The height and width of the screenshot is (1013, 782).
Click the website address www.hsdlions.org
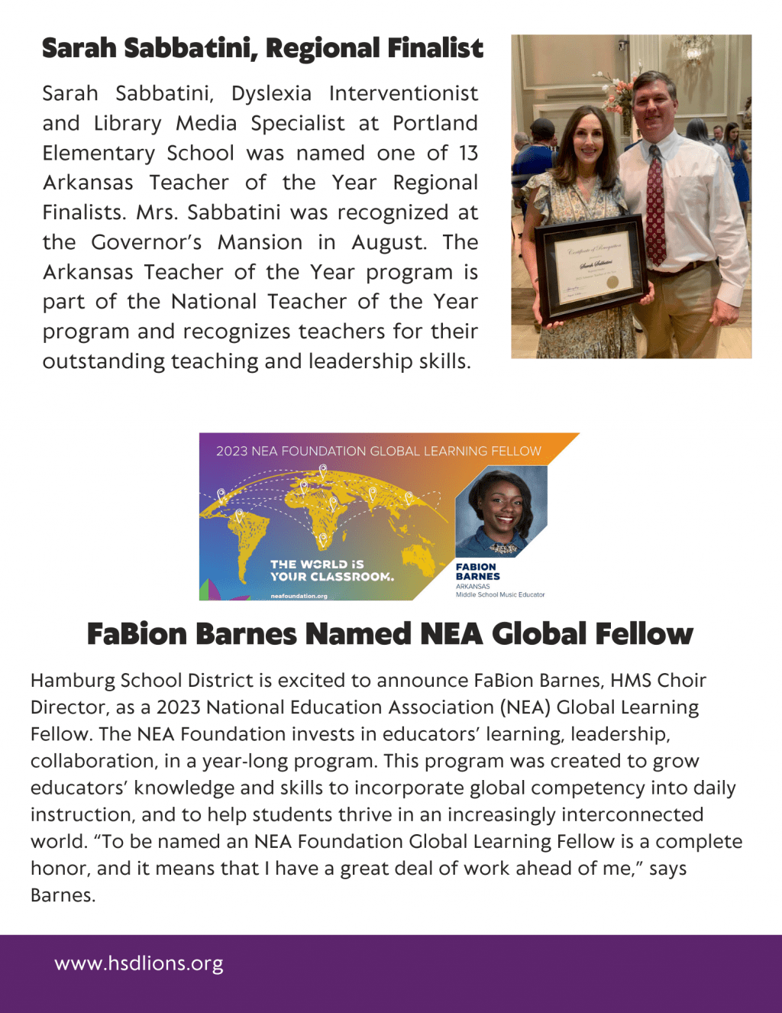click(139, 964)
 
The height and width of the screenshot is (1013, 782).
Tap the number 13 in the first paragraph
click(468, 154)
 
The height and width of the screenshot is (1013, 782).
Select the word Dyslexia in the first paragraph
click(271, 94)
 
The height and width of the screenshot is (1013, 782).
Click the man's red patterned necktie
click(655, 206)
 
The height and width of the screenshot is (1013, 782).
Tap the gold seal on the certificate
click(612, 282)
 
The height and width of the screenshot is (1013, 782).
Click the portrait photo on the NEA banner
click(501, 512)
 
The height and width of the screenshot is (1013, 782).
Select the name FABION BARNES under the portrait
click(477, 571)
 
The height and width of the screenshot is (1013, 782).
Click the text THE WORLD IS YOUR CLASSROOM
click(331, 571)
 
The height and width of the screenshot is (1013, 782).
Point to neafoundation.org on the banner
click(299, 596)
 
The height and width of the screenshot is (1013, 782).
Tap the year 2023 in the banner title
click(231, 451)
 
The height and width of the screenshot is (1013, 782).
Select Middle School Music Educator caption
click(500, 594)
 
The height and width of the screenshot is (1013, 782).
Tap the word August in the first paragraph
click(387, 243)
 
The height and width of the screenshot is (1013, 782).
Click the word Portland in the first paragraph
click(435, 124)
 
